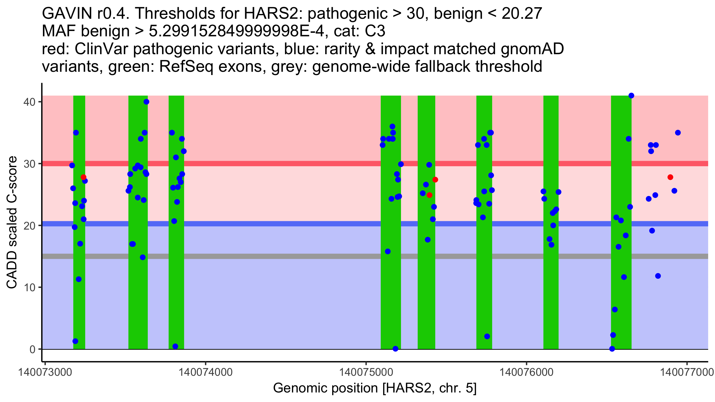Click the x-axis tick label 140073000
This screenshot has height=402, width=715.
[x=45, y=373]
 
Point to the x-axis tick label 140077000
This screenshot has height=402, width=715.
[x=687, y=373]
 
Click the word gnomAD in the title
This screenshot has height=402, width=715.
[x=532, y=49]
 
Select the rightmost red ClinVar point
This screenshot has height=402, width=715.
[x=670, y=177]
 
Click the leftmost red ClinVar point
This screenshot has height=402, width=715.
[x=83, y=177]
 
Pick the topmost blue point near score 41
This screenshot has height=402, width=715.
[x=631, y=96]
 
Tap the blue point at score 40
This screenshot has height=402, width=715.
[x=146, y=102]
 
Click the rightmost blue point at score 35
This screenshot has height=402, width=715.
[x=678, y=133]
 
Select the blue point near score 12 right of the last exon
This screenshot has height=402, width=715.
[x=658, y=276]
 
